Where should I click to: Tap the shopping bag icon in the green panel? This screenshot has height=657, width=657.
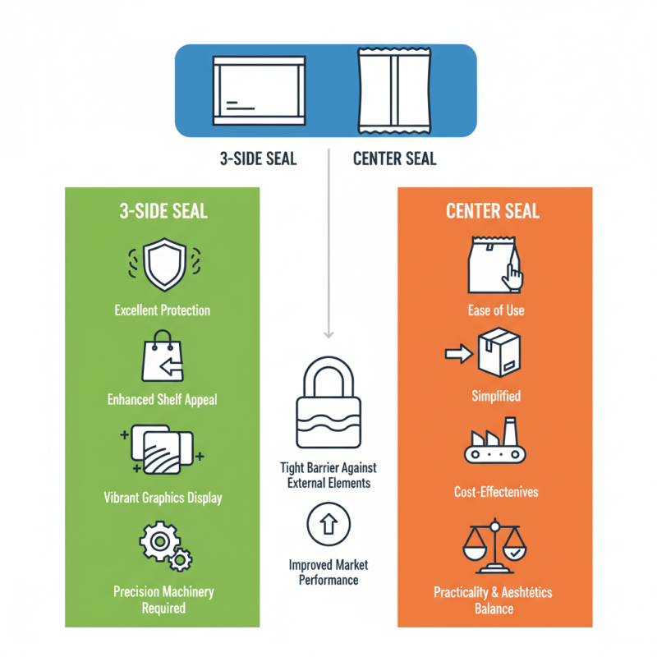tap(162, 356)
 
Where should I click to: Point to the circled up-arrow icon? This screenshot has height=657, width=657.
tap(328, 524)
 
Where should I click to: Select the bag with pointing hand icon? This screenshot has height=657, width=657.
tap(495, 264)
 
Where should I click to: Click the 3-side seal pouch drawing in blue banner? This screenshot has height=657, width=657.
tap(259, 90)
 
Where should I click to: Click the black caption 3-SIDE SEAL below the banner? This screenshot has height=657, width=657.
tap(258, 159)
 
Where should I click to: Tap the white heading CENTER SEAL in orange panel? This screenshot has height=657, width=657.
tap(493, 211)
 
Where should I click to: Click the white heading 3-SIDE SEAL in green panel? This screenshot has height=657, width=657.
tap(163, 211)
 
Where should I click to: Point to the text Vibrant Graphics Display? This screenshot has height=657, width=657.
tap(163, 498)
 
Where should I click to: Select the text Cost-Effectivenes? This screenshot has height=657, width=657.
tap(496, 492)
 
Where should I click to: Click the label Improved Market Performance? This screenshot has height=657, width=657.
tap(328, 572)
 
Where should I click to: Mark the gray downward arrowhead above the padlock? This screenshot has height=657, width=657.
tap(328, 333)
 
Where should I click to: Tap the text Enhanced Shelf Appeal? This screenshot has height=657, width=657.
tap(163, 400)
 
